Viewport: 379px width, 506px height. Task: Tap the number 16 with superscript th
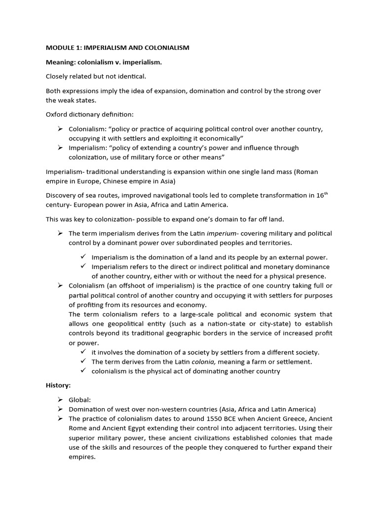point(321,195)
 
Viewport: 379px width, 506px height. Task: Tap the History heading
point(58,385)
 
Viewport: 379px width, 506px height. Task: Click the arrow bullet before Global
point(60,400)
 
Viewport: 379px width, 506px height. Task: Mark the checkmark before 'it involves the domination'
point(83,352)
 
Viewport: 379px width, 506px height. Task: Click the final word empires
point(82,457)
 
